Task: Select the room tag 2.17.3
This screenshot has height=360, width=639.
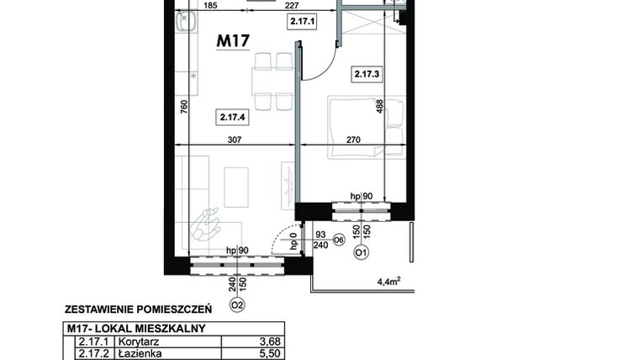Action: point(367,74)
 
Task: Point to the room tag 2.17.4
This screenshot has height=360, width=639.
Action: point(231,119)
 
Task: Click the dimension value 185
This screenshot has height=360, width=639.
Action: point(209,6)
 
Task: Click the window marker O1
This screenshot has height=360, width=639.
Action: point(360,251)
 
